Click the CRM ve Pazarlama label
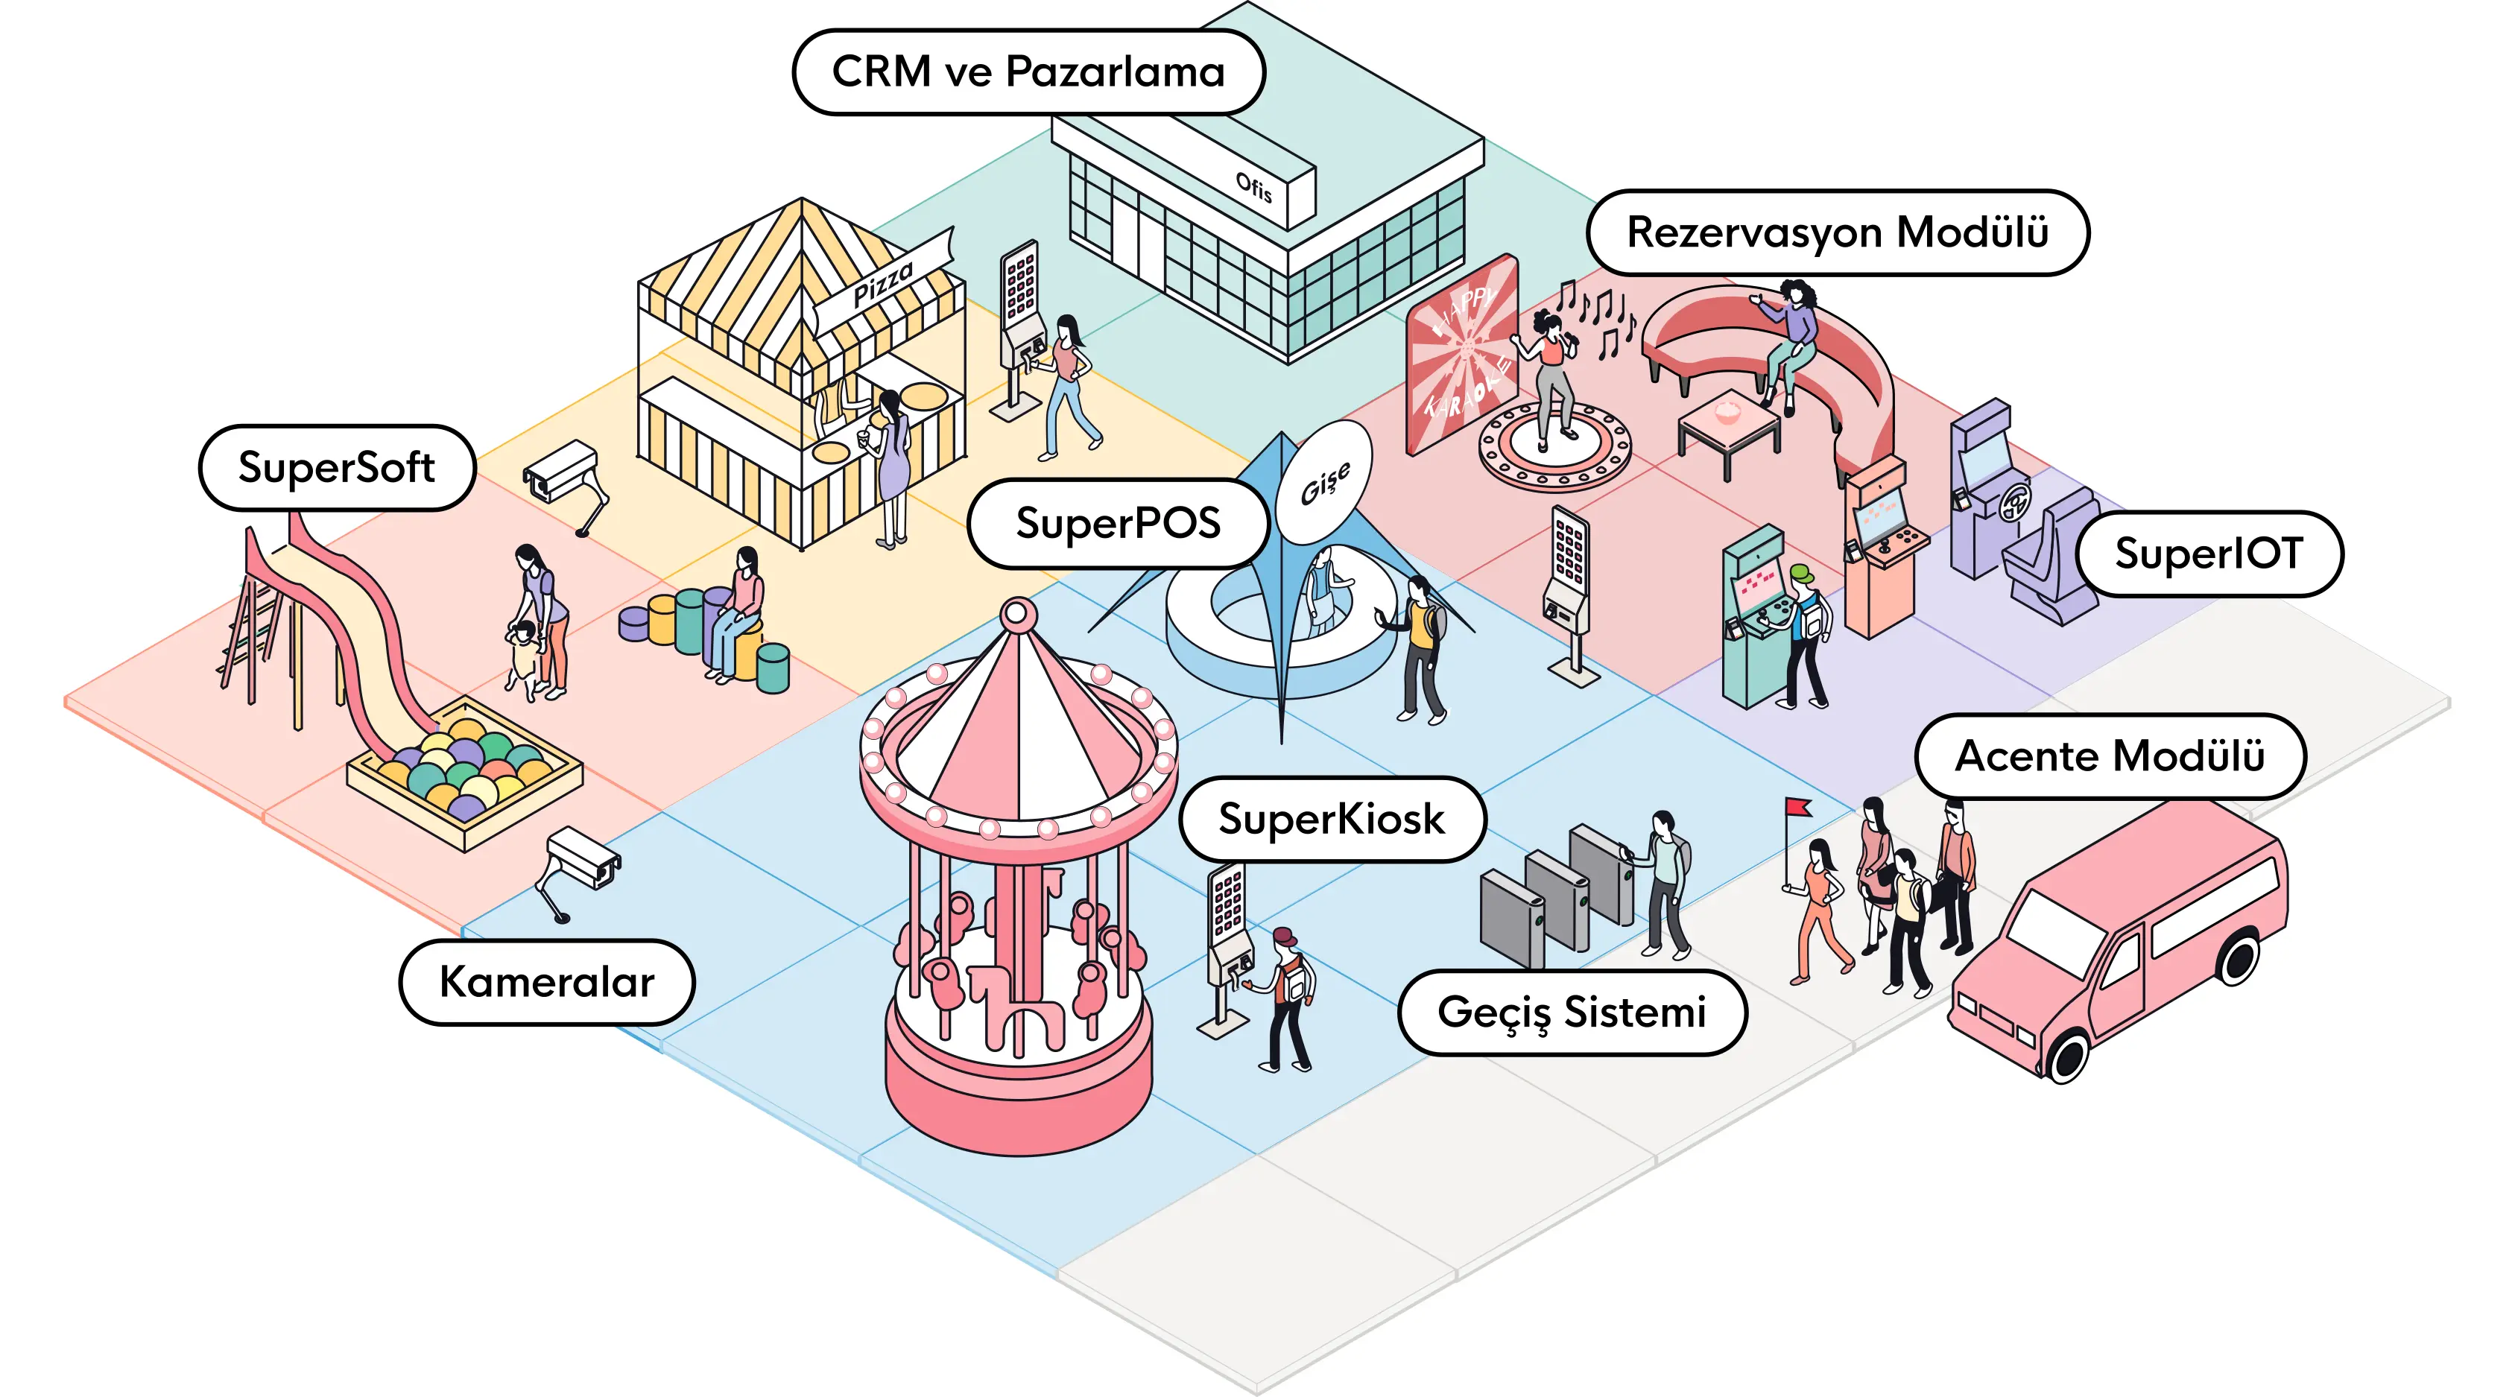[x=1028, y=72]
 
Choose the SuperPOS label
[x=1118, y=523]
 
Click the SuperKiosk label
[x=1331, y=819]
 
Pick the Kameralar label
[x=547, y=982]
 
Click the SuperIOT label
[x=2209, y=554]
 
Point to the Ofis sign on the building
[x=1255, y=186]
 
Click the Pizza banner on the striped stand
[x=884, y=282]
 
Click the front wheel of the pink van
[x=2067, y=1055]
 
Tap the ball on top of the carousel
[x=1019, y=613]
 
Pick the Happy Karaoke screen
[x=1461, y=356]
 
